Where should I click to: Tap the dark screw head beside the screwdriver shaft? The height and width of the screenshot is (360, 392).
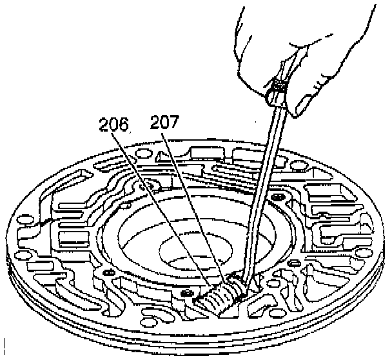(x=279, y=195)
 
